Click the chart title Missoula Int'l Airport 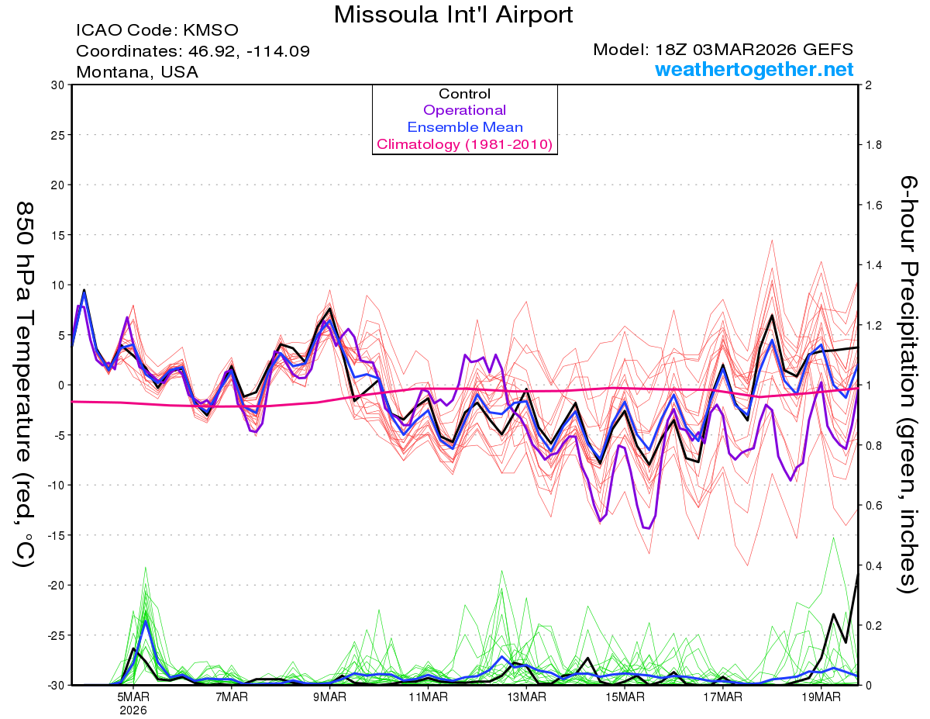click(453, 14)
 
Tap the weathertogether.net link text click(754, 69)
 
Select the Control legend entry click(464, 94)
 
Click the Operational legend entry click(464, 110)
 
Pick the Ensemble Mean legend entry click(464, 127)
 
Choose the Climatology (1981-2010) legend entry click(464, 144)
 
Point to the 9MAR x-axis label click(330, 697)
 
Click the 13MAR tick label click(526, 697)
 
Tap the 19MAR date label click(821, 697)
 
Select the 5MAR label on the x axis click(134, 697)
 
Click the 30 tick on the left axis click(57, 85)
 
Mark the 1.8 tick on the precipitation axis click(873, 145)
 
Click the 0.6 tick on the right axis click(873, 505)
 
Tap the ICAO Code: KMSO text click(157, 31)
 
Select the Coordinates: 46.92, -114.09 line click(193, 51)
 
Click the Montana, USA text click(136, 72)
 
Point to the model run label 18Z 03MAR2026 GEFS click(723, 50)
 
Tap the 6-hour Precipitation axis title click(908, 384)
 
